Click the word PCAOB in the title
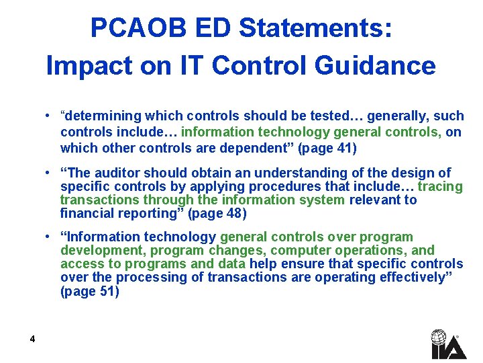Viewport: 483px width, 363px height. coord(127,28)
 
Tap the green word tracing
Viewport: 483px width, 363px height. coord(440,186)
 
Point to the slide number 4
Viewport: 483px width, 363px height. coord(32,339)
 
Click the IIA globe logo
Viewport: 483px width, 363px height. coord(439,344)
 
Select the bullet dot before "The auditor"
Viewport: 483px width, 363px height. coord(49,172)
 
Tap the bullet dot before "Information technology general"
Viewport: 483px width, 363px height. coord(49,236)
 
